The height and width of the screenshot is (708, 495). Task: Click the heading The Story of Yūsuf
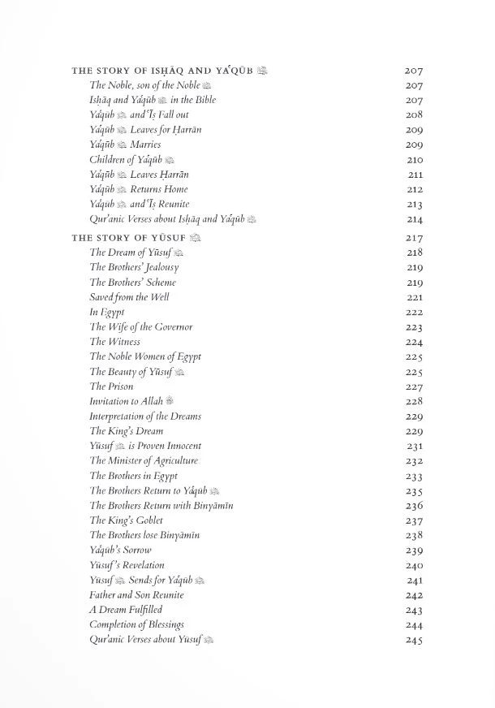129,238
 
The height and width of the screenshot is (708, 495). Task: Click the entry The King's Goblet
126,520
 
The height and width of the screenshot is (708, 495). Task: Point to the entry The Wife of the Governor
140,327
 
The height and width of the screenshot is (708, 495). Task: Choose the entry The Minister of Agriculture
144,460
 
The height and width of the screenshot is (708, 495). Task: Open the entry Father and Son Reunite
136,595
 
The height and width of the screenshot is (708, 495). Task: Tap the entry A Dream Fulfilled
126,610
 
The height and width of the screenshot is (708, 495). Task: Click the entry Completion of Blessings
136,624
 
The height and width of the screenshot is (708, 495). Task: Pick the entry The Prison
112,386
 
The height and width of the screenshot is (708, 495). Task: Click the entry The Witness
114,342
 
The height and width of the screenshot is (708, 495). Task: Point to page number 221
415,297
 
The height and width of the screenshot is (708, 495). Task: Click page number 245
415,640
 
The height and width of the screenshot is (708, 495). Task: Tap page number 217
415,238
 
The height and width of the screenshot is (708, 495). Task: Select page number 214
415,219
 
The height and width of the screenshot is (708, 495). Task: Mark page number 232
415,460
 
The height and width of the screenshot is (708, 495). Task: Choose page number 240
415,565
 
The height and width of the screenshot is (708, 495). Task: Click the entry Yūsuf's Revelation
127,565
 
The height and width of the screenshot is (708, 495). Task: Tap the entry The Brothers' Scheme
132,283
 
